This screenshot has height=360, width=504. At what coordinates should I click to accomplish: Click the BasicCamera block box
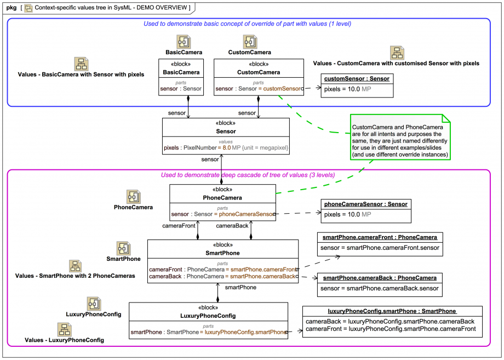[x=181, y=77]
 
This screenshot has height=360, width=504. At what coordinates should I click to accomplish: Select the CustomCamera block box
[x=259, y=77]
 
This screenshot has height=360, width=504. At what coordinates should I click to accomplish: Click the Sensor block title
[x=226, y=132]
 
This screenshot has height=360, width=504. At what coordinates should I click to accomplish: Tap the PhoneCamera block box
[x=222, y=202]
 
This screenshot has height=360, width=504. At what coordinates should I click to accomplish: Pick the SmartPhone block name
[x=222, y=253]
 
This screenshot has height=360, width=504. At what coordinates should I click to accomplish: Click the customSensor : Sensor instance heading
[x=357, y=78]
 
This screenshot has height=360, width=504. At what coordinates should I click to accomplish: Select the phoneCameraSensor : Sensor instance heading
[x=365, y=204]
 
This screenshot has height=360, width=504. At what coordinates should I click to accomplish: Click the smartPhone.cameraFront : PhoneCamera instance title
[x=380, y=237]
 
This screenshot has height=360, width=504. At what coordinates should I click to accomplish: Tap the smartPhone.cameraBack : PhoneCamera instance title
[x=380, y=278]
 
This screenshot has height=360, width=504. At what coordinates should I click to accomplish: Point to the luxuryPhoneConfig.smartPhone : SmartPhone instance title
[x=392, y=311]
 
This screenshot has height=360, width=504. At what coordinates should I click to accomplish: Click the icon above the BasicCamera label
[x=183, y=42]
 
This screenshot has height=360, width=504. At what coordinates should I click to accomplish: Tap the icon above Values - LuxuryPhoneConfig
[x=64, y=329]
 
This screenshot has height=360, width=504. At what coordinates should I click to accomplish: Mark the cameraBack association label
[x=233, y=225]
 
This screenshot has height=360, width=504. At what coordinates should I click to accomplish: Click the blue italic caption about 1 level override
[x=247, y=24]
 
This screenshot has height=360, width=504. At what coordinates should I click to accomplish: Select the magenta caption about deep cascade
[x=248, y=175]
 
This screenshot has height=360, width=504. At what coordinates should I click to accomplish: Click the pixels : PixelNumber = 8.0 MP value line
[x=226, y=147]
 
